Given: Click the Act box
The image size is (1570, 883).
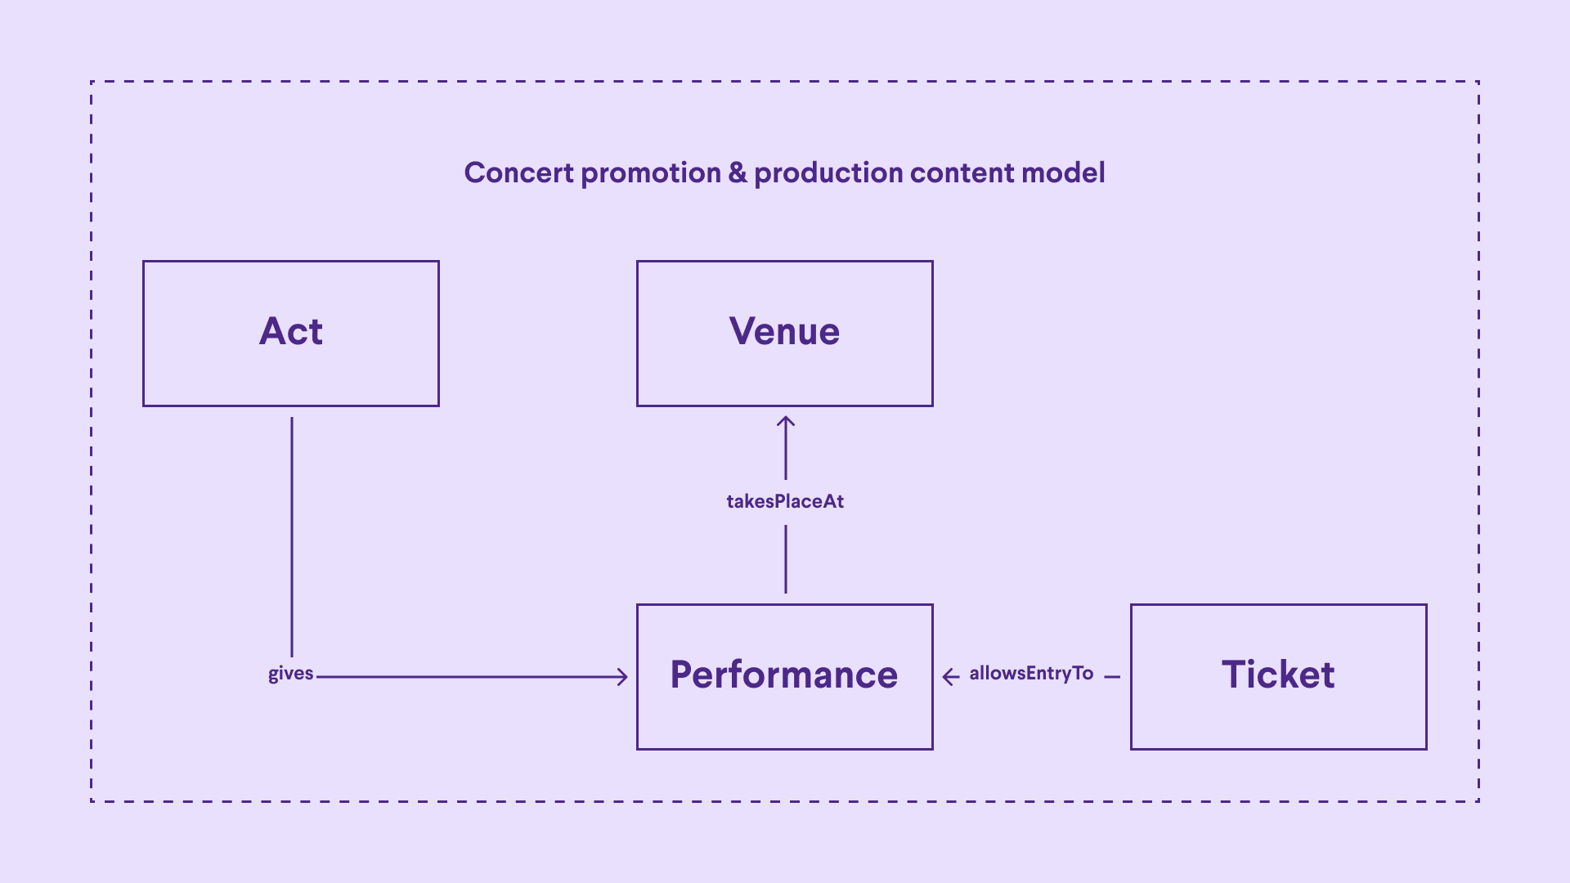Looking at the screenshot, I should click(291, 334).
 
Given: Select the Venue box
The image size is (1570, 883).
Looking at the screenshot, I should click(784, 334).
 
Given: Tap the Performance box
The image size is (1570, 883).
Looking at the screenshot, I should click(784, 676).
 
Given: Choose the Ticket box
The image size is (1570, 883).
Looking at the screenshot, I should click(1278, 676).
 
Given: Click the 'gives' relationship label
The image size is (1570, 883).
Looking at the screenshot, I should click(290, 674).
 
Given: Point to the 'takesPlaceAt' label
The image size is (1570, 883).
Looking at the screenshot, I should click(785, 501).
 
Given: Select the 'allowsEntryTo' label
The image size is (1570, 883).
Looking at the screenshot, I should click(1031, 673).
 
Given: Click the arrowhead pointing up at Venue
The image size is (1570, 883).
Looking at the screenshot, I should click(786, 422).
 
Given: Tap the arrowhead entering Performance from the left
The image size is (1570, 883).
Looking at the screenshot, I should click(622, 677).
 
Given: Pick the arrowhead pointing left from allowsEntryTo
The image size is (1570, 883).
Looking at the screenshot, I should click(949, 677).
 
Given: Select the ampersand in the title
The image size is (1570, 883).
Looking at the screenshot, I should click(738, 173).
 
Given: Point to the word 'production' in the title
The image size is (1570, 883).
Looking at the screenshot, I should click(828, 173).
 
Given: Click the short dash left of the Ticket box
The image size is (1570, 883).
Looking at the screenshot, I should click(1112, 677).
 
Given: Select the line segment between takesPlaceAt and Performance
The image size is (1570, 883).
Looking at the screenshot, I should click(786, 559).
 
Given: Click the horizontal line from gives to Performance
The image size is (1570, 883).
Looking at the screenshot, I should click(466, 677).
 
